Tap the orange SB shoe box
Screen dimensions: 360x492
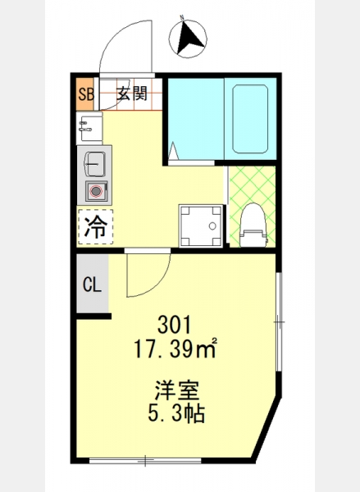[x=85, y=93]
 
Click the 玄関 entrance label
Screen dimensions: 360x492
[x=132, y=93]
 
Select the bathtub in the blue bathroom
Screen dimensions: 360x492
[x=250, y=119]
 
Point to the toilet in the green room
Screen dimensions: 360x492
[x=253, y=225]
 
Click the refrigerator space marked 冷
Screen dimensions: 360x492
[x=95, y=226]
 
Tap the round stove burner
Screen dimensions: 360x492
[x=96, y=191]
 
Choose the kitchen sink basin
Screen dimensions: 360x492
[x=94, y=164]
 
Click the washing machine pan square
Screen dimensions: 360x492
[x=202, y=226]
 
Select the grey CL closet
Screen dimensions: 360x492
[x=93, y=284]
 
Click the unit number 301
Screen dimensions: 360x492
[x=174, y=325]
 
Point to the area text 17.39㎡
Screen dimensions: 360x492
[x=175, y=348]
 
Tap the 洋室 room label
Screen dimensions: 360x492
[x=176, y=389]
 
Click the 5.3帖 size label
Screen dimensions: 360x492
[x=176, y=413]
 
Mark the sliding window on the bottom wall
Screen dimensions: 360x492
[x=145, y=460]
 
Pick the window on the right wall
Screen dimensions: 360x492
[x=279, y=322]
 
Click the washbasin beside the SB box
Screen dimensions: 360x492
[x=89, y=128]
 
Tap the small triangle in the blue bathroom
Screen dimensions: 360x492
[x=173, y=151]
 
